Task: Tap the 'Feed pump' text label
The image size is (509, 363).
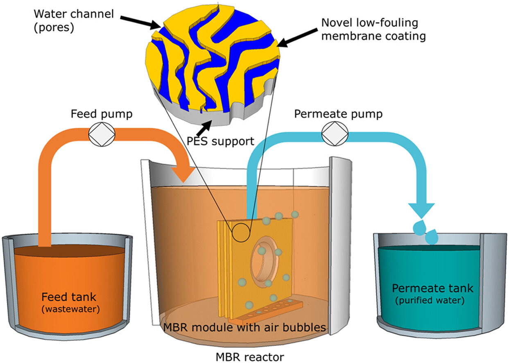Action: tap(101, 114)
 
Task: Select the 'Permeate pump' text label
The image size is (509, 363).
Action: tap(338, 114)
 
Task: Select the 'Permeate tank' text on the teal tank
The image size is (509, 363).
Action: tap(432, 288)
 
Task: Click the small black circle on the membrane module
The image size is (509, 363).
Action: tap(240, 232)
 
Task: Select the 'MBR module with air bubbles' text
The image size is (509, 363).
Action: tap(244, 327)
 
